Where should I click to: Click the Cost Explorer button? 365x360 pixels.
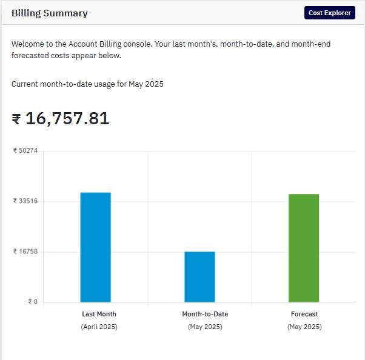coord(330,13)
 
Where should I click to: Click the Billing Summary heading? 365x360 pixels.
coord(50,13)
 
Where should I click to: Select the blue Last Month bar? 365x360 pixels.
coord(96,247)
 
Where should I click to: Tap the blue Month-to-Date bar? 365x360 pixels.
coord(199,277)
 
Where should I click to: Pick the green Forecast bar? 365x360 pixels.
coord(304,248)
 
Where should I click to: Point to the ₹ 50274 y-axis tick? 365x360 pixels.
coord(25,150)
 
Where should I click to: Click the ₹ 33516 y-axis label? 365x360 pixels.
coord(25,201)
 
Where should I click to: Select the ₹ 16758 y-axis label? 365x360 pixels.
coord(25,252)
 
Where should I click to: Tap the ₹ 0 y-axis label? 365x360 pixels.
coord(33,302)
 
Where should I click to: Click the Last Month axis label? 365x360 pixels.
coord(99,314)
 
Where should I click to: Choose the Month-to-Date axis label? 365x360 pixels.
coord(205,314)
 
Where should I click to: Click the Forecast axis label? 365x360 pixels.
coord(304,314)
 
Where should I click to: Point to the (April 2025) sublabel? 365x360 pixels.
coord(99,327)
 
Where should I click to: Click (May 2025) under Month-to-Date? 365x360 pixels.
coord(205,327)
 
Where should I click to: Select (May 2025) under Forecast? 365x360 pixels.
coord(304,327)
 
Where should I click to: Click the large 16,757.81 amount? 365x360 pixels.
coord(67,118)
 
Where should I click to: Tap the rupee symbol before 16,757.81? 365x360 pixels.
coord(16,119)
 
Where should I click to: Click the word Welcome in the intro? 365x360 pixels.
coord(26,44)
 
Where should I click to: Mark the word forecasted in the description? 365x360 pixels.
coord(30,56)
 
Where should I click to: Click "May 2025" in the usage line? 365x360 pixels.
coord(146,84)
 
